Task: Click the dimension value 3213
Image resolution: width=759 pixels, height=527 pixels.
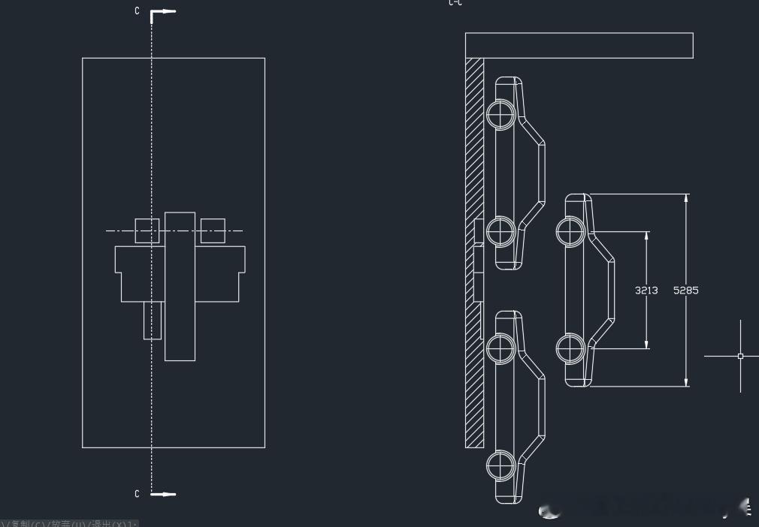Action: (x=646, y=290)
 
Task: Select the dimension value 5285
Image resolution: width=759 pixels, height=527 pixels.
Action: (x=685, y=290)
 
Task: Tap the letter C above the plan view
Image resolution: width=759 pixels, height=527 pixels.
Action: (x=137, y=11)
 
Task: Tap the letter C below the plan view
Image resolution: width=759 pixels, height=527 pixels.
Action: (x=137, y=493)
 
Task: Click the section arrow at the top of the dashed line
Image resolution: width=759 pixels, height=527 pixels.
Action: (x=164, y=12)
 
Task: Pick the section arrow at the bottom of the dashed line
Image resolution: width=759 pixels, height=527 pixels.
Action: (x=164, y=494)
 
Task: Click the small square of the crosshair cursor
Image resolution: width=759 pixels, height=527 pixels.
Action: (x=740, y=356)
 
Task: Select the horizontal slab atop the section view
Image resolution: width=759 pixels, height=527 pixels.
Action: (x=579, y=46)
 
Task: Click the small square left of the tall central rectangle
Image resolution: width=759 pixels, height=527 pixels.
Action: (x=147, y=230)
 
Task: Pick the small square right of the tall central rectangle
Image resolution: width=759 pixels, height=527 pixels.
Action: (x=213, y=230)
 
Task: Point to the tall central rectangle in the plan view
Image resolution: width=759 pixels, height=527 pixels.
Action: (x=180, y=286)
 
